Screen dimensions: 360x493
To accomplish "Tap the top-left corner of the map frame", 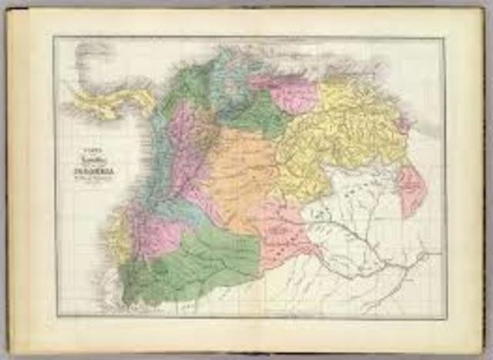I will (x=55, y=38).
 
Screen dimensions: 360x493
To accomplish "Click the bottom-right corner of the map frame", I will (x=444, y=317).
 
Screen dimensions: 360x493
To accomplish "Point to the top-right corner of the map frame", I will (x=444, y=38).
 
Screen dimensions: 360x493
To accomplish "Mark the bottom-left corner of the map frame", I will (x=55, y=317).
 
